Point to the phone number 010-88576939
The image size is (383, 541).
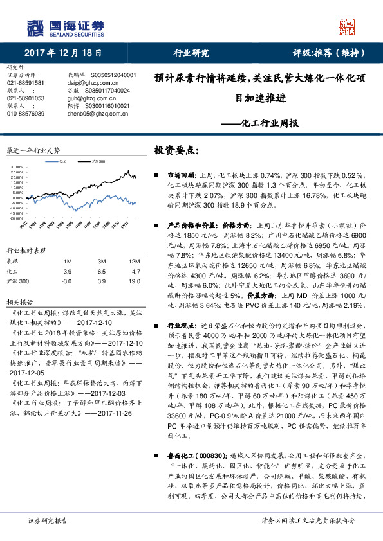26,114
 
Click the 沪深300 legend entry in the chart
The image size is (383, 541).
98,164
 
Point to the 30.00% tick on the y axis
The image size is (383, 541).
17,168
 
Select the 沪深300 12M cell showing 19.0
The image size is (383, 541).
134,281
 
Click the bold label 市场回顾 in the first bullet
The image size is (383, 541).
180,175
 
